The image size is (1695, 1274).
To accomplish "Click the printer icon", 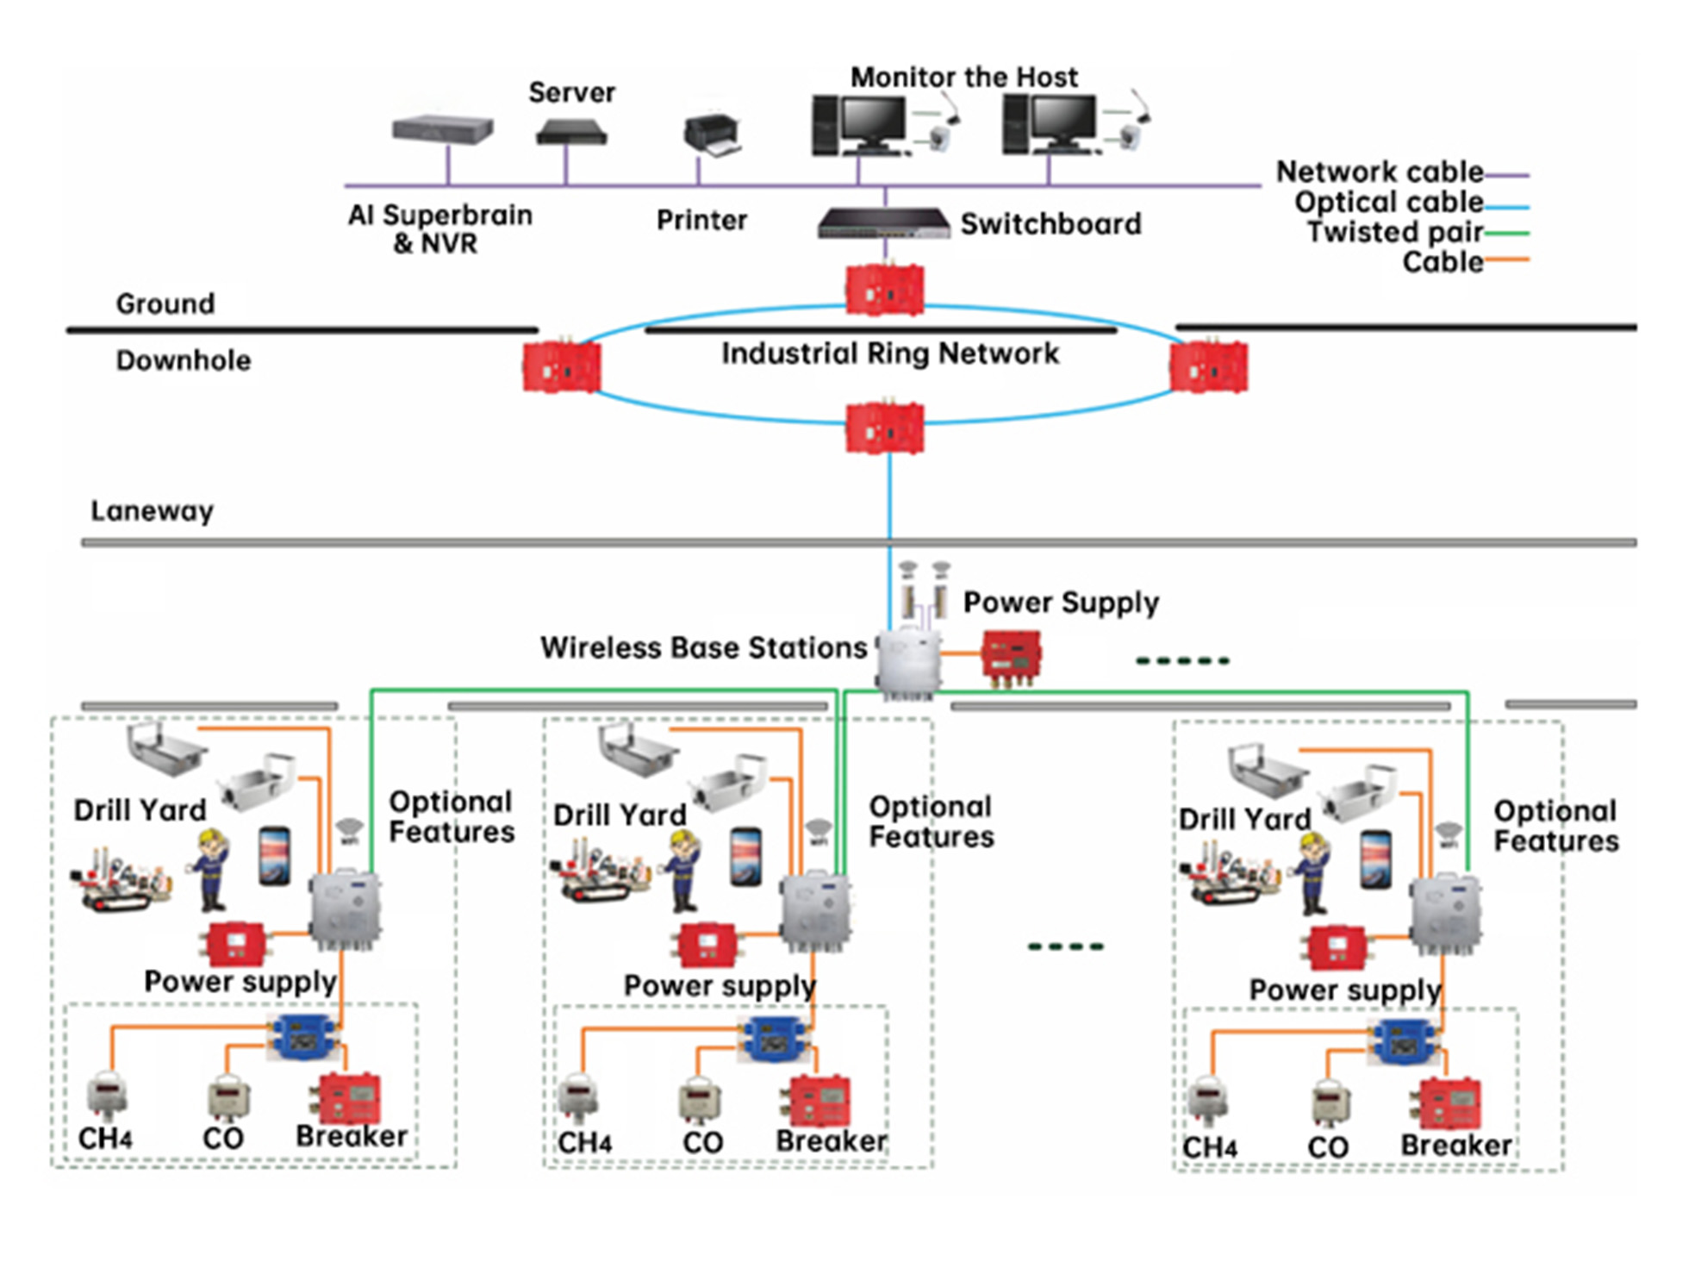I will (x=713, y=135).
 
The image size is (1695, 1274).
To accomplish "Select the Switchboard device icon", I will (x=883, y=223).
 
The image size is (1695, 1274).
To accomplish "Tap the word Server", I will (x=571, y=92).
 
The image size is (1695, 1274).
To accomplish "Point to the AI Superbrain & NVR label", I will (x=439, y=228).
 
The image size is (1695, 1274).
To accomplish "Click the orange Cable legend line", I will (x=1506, y=259).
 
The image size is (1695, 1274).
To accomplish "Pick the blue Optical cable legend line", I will (x=1506, y=206).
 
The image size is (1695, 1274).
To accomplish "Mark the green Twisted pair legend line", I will (x=1506, y=233).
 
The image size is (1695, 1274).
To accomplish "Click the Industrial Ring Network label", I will (x=889, y=353).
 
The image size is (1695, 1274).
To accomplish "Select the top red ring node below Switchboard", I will (x=884, y=290).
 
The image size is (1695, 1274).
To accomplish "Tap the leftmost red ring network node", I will (x=561, y=368).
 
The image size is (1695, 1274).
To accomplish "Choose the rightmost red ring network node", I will (x=1208, y=368).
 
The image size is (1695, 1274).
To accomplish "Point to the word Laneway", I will (x=152, y=510).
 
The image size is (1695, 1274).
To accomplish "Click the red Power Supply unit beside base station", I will (x=1012, y=656).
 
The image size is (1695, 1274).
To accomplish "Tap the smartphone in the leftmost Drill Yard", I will (x=274, y=855).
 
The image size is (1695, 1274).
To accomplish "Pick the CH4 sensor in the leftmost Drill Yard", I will (x=108, y=1096).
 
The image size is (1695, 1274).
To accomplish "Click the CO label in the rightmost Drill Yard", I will (x=1327, y=1147).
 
